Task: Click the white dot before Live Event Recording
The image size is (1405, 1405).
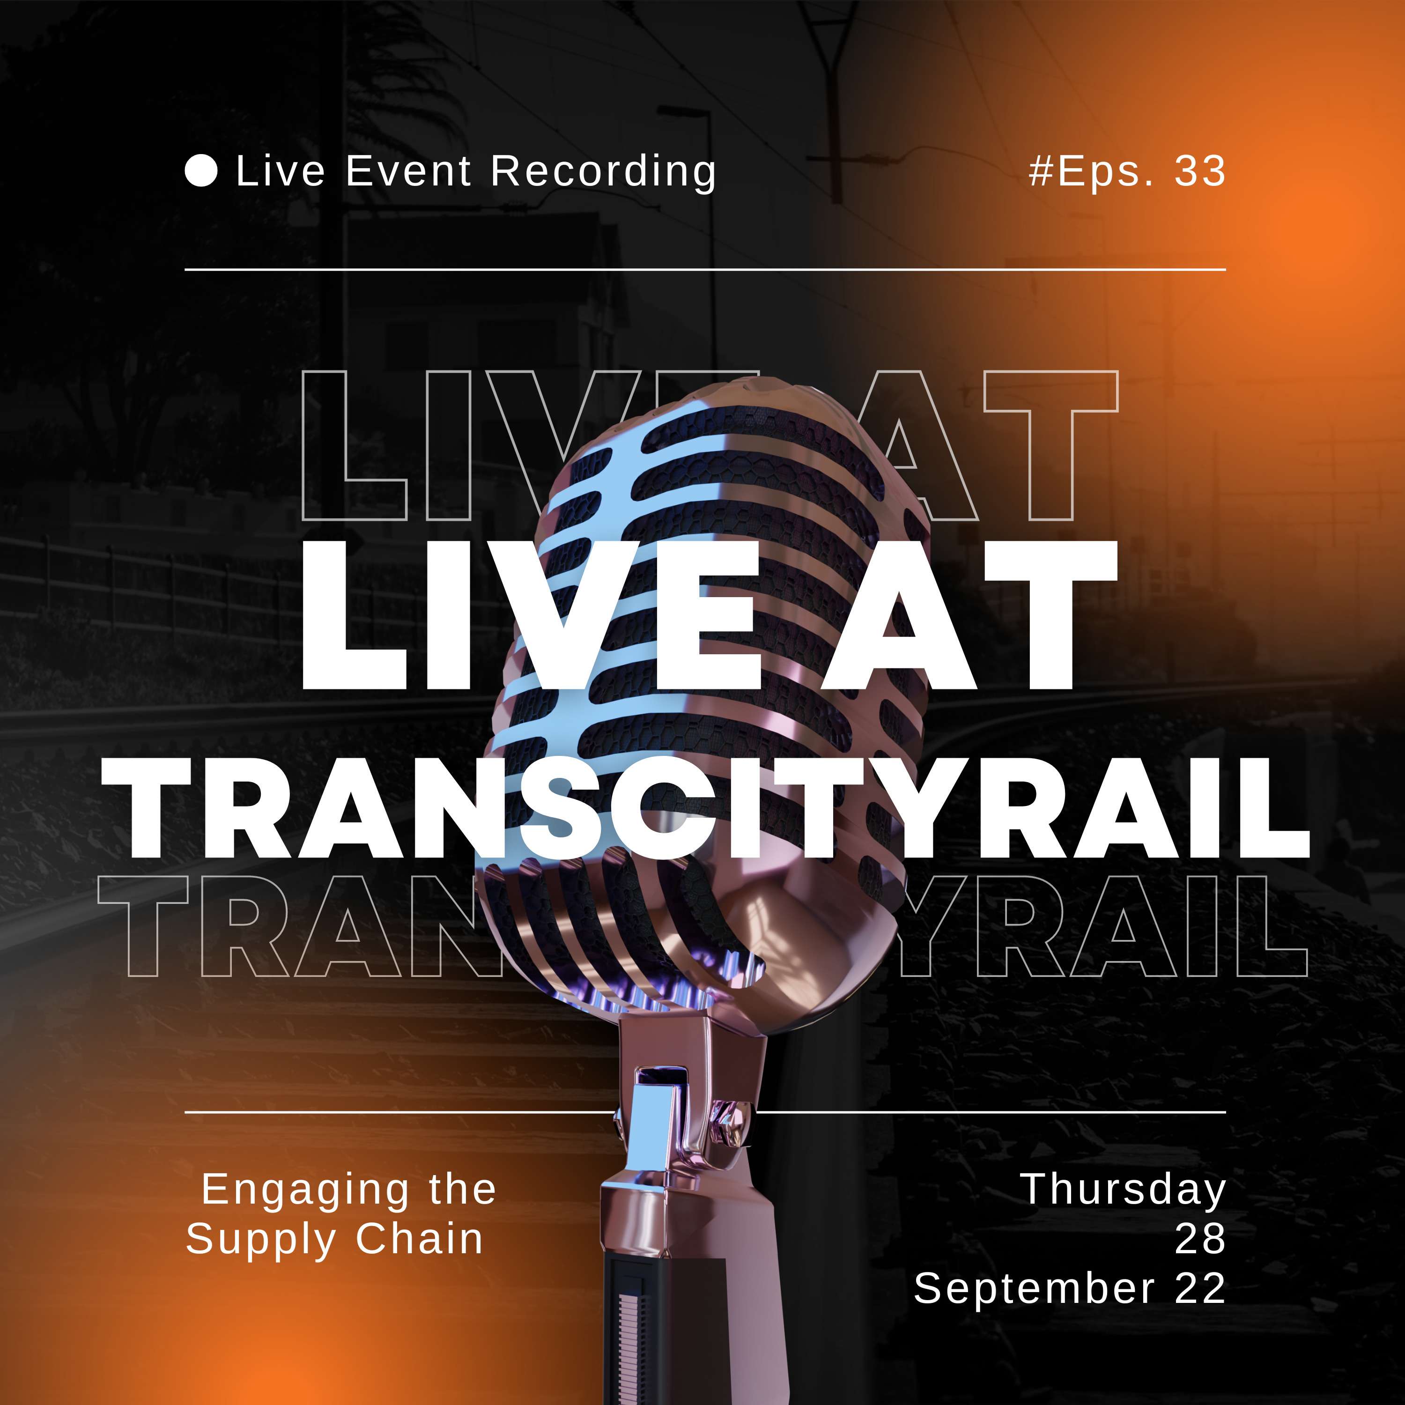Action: point(201,171)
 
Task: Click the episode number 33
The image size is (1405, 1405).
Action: point(1200,171)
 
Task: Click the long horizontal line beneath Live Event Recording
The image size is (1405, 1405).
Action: point(705,269)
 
